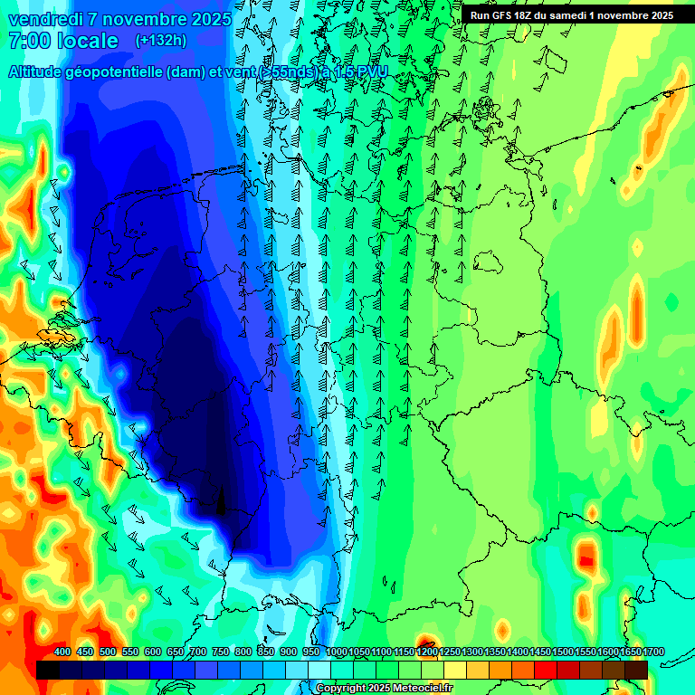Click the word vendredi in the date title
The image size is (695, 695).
45,19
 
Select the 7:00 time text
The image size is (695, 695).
28,41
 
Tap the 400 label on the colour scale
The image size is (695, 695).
62,652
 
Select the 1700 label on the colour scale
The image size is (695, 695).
630,652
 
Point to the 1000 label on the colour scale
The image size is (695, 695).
336,652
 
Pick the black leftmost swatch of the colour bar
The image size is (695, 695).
48,670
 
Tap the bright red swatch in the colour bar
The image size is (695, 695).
546,670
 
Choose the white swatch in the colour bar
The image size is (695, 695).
319,670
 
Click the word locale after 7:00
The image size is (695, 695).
87,41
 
